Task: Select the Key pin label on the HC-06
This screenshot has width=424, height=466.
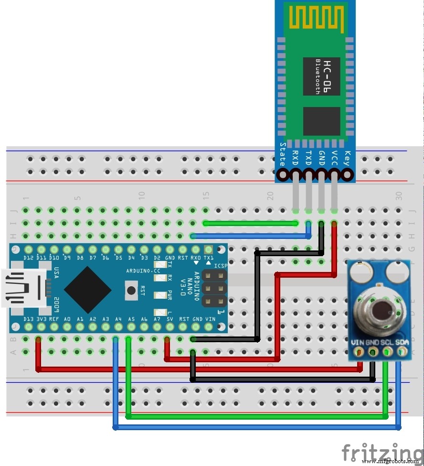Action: pos(347,158)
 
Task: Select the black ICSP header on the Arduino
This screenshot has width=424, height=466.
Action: pos(213,288)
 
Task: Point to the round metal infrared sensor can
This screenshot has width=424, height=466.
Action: pos(380,311)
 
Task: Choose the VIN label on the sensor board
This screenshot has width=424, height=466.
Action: pos(358,342)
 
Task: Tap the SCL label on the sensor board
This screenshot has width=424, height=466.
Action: pos(388,342)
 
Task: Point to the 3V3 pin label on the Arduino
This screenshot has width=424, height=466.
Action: pos(41,319)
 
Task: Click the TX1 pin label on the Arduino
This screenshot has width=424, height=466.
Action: pos(209,257)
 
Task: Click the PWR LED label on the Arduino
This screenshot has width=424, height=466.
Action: pos(170,293)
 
